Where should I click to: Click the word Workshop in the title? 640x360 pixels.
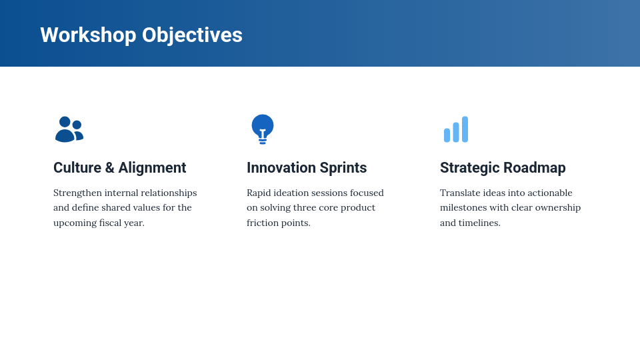(88, 35)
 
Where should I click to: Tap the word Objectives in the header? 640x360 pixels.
(192, 36)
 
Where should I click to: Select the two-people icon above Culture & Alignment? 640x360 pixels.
(69, 129)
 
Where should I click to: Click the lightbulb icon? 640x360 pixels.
(263, 129)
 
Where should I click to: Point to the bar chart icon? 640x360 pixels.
(456, 129)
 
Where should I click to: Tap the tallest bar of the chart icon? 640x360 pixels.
(465, 129)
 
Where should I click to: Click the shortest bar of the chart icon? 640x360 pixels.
(447, 135)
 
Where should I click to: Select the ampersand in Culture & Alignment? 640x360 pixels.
(110, 168)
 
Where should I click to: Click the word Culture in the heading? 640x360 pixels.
(77, 168)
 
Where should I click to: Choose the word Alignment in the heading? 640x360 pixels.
(152, 168)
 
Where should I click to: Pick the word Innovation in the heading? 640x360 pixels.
(281, 168)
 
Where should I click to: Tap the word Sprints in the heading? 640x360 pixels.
(343, 168)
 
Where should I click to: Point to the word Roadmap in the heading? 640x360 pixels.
(535, 168)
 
